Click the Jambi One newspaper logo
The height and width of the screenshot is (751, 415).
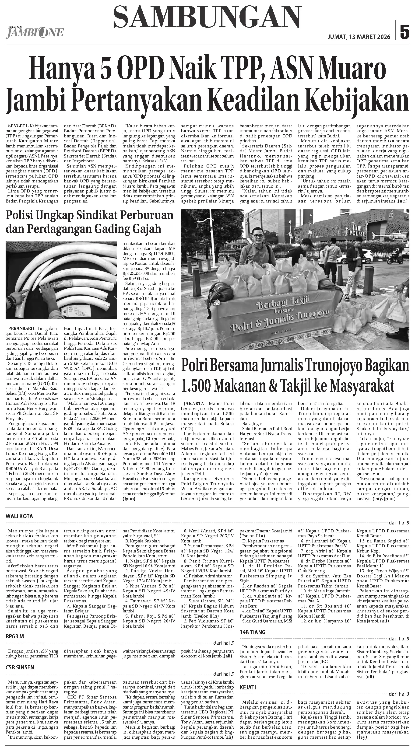[x=34, y=32]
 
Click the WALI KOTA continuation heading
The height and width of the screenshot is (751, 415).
[x=19, y=516]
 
